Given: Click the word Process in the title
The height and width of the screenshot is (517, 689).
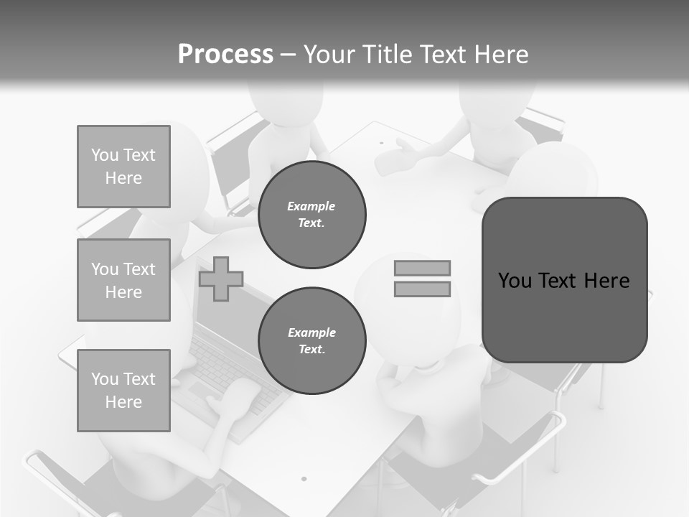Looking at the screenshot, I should click(225, 55).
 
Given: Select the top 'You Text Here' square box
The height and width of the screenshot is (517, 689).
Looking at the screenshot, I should click(123, 167).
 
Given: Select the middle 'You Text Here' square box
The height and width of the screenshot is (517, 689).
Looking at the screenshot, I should click(123, 280).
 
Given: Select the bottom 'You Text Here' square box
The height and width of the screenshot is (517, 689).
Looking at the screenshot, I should click(123, 391).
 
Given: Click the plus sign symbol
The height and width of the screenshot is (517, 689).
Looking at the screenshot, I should click(221, 279).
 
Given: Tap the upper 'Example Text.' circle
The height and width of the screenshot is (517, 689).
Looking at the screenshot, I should click(311, 215).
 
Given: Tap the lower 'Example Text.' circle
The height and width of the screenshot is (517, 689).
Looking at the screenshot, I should click(311, 341).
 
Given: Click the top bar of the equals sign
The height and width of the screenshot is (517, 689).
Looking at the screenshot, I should click(422, 269).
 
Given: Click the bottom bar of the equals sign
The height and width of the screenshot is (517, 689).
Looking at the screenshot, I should click(422, 289).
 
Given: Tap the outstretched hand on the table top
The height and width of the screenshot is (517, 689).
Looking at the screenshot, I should click(398, 157).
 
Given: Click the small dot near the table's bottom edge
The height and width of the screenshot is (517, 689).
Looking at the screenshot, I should click(304, 478).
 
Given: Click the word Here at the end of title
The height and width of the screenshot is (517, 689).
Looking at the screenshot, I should click(500, 55).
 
